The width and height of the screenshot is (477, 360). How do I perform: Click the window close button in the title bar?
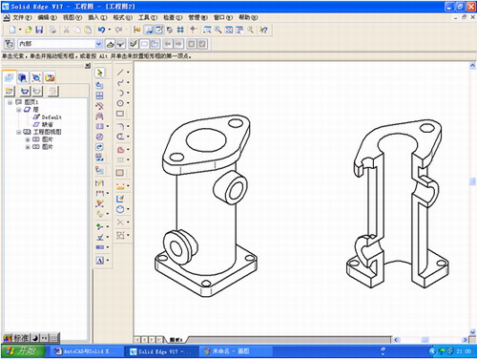469,6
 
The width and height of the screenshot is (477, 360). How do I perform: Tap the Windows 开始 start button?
20,351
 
